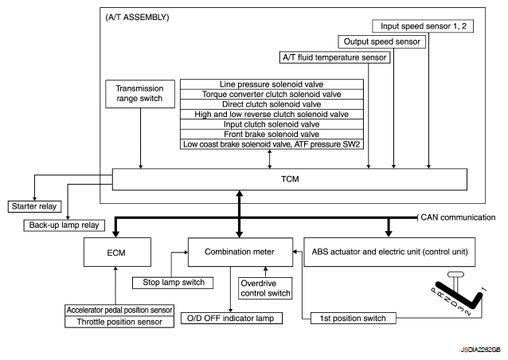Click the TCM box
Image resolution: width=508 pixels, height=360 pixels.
[290, 179]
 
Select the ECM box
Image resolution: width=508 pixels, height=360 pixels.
[117, 252]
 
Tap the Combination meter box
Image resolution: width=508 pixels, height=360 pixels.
[240, 252]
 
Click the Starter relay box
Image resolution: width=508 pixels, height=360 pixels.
[34, 206]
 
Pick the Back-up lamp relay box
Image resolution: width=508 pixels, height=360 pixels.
[64, 225]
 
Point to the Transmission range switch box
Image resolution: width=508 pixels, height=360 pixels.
[140, 94]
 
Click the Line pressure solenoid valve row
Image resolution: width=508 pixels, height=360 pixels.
[272, 84]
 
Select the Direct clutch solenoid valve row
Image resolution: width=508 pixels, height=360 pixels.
[272, 104]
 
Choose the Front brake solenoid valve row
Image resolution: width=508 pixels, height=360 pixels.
[272, 134]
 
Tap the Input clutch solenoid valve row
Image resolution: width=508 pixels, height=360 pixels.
[272, 124]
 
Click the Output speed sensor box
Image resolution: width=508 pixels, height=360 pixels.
[381, 41]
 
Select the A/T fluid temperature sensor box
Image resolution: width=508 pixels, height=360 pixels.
[334, 57]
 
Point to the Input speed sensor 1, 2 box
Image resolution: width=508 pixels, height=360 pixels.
[423, 26]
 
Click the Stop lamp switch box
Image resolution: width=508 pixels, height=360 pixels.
[173, 283]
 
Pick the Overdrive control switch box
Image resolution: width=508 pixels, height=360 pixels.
[265, 288]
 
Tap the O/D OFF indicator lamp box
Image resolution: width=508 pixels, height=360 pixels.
[232, 319]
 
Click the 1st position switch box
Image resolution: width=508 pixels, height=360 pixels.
[354, 319]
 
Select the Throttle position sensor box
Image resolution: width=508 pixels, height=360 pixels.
[119, 322]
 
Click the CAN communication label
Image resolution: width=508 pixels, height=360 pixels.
[458, 217]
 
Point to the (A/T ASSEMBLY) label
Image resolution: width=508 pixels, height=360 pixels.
[138, 18]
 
